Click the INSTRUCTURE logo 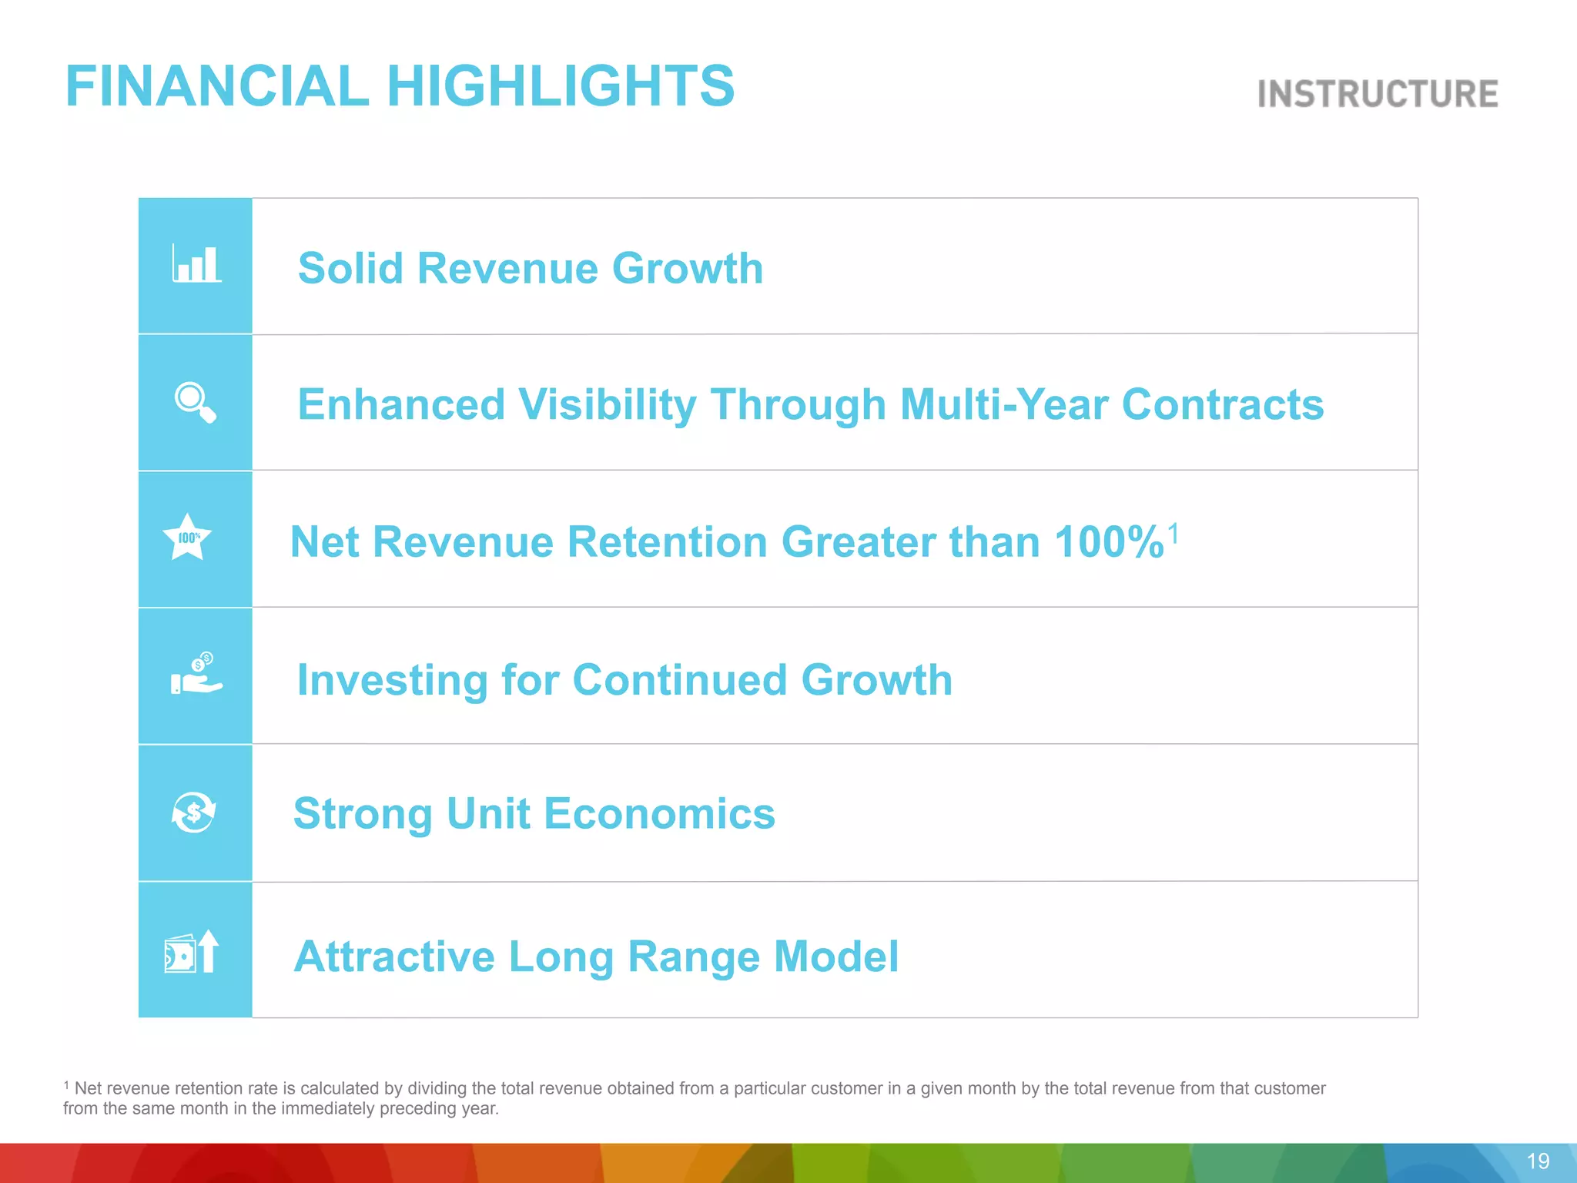tap(1377, 94)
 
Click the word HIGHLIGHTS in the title tap(560, 85)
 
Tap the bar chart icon tap(196, 264)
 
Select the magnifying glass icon tap(195, 402)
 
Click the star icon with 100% tap(187, 538)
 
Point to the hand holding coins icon tap(196, 674)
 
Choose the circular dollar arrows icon tap(193, 812)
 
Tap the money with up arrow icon tap(193, 952)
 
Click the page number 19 tap(1537, 1161)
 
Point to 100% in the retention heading tap(1109, 541)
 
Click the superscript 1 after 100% tap(1173, 532)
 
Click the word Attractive tap(393, 957)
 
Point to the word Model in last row tap(835, 957)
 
